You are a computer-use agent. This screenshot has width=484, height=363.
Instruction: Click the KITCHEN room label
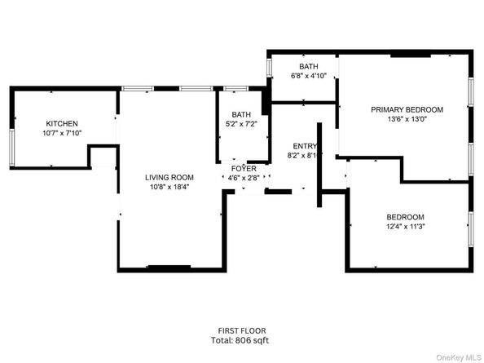(x=62, y=123)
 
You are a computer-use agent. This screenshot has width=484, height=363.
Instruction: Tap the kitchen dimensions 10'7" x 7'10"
(x=62, y=133)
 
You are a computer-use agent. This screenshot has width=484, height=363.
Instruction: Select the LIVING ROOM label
(x=169, y=177)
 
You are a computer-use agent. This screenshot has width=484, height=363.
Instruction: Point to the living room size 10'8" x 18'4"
(x=169, y=187)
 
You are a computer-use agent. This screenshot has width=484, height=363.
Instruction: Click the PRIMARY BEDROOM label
(x=407, y=109)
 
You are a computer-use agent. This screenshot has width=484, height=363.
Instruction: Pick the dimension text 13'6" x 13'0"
(x=407, y=119)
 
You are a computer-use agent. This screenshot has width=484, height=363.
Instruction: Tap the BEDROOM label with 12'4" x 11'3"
(x=405, y=216)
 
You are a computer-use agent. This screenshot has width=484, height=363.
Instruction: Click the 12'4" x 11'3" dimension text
(x=405, y=226)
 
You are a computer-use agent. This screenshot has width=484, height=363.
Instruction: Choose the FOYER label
(x=243, y=168)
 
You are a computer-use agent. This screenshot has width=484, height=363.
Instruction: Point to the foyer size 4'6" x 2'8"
(x=243, y=177)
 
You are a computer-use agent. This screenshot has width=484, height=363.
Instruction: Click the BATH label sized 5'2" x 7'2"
(x=241, y=115)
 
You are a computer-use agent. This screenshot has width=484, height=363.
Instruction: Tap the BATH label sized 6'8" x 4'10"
(x=309, y=67)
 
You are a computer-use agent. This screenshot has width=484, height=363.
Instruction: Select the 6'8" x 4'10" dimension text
(x=309, y=77)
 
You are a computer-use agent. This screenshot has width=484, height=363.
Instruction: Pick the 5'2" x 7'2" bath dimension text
(x=241, y=124)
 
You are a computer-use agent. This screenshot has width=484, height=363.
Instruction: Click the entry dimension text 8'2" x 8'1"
(x=303, y=155)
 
